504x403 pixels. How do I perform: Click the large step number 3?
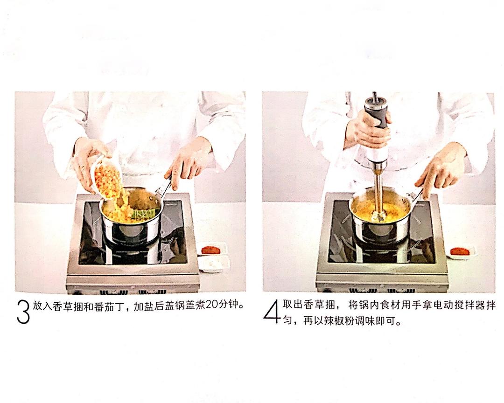[x=23, y=312]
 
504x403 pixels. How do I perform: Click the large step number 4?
[x=271, y=311]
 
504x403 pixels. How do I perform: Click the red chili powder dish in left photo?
[x=211, y=250]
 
